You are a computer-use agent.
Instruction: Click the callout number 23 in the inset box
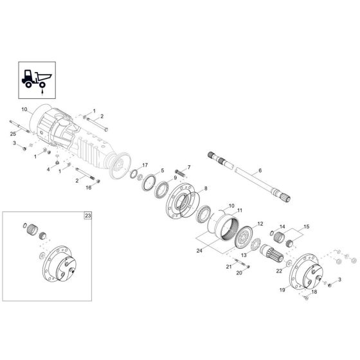[87, 216]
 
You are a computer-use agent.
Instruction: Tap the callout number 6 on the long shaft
[260, 170]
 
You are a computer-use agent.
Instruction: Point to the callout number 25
[13, 132]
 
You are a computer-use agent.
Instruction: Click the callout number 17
[145, 165]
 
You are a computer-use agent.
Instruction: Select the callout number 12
[261, 224]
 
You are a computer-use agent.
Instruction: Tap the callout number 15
[306, 227]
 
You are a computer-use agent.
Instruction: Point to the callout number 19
[282, 290]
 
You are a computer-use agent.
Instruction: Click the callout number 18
[314, 292]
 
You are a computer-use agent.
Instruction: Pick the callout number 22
[279, 270]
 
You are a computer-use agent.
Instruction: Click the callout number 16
[89, 188]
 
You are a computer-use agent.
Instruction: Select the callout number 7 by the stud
[189, 167]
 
